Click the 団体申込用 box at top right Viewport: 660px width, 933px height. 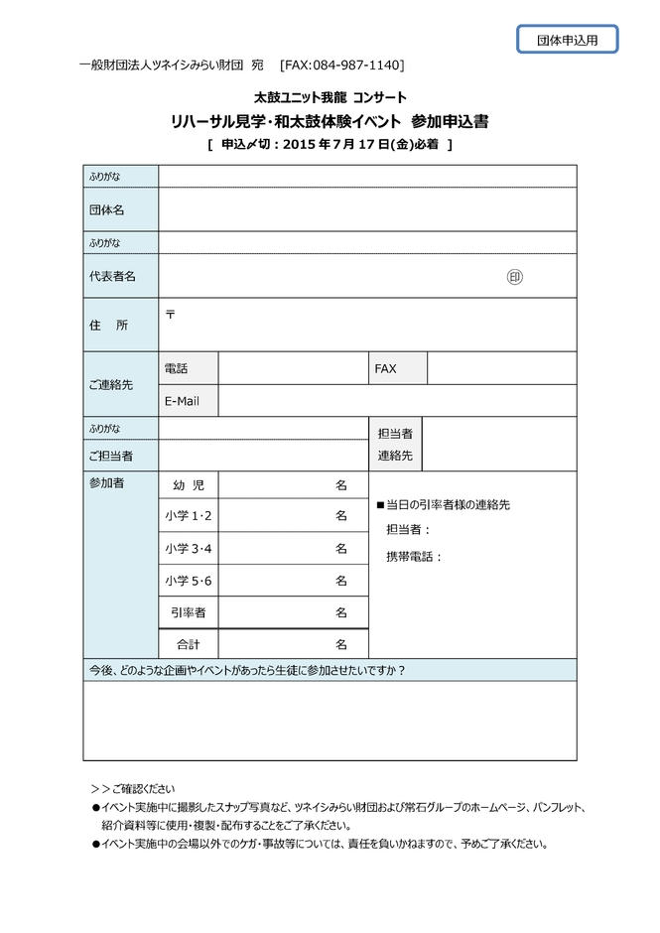[567, 40]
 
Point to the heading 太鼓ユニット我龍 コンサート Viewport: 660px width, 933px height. [329, 98]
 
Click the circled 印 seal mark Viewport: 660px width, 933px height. [514, 277]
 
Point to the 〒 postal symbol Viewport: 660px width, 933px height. [170, 314]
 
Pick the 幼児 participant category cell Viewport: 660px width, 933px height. [188, 485]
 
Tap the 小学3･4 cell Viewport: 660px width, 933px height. [188, 548]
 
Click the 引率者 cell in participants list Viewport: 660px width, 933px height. [188, 612]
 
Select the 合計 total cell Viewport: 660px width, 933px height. [188, 644]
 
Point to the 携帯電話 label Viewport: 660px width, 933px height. [414, 557]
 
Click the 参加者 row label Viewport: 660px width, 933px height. [106, 483]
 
